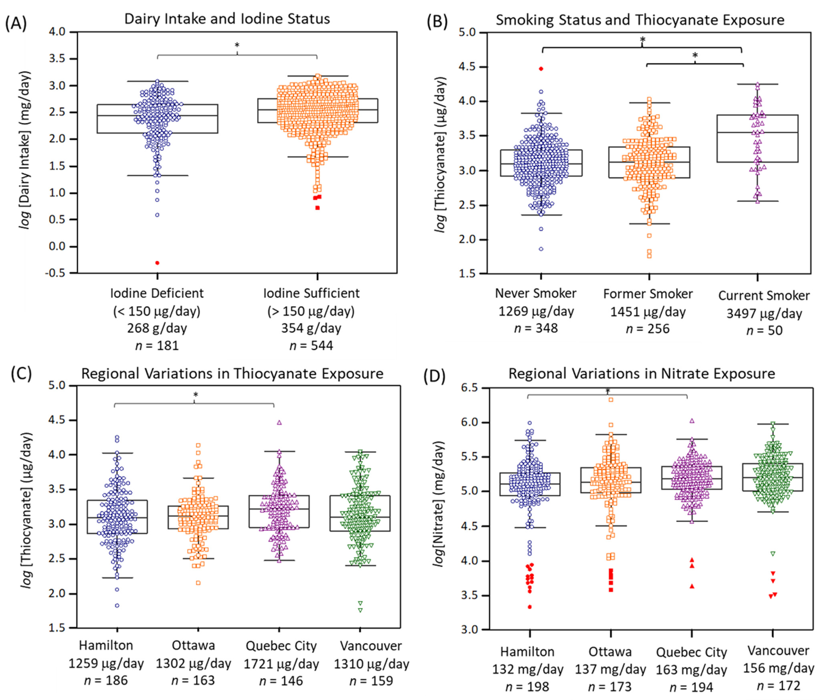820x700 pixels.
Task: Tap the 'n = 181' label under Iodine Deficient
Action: (157, 345)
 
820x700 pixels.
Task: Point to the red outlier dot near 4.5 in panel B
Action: (541, 69)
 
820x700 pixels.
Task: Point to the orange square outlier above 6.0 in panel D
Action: (611, 400)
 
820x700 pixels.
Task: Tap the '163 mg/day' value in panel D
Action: (691, 670)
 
